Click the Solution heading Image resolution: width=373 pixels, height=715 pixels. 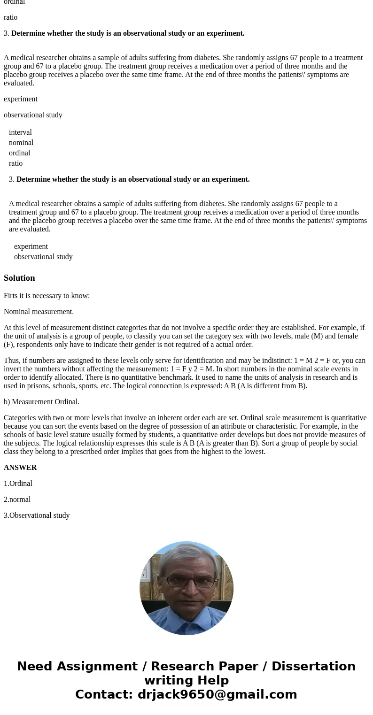click(19, 278)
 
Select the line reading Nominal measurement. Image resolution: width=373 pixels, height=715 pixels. click(39, 312)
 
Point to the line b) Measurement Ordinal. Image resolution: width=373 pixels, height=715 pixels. click(41, 402)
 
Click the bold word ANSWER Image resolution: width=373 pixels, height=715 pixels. click(20, 468)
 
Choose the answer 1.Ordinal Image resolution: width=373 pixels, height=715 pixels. click(18, 484)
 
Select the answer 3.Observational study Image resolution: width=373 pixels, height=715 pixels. click(37, 515)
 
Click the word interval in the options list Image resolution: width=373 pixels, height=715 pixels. click(20, 132)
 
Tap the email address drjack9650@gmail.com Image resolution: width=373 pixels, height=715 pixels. click(217, 694)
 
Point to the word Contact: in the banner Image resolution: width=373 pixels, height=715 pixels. click(104, 694)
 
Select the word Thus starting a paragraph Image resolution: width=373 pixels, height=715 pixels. click(12, 361)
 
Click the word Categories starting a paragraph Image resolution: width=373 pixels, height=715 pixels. click(20, 418)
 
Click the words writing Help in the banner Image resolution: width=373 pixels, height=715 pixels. click(186, 680)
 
